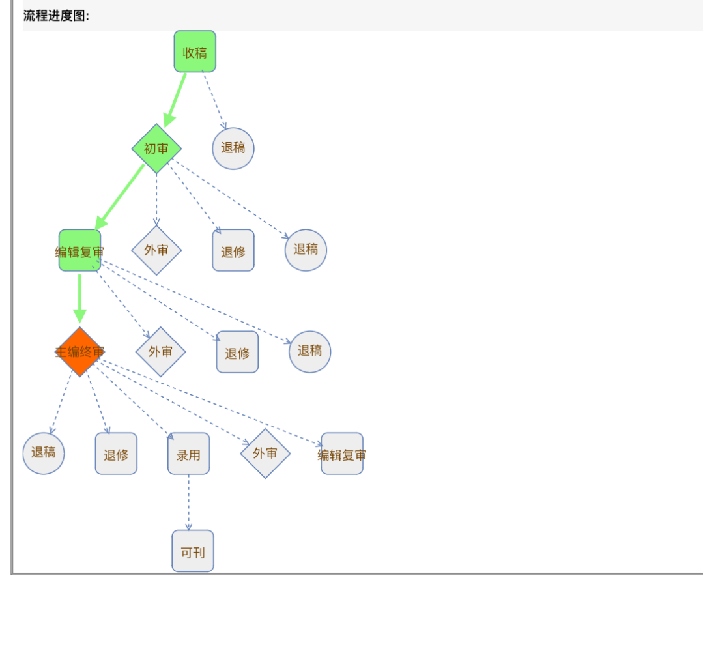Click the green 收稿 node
click(x=195, y=51)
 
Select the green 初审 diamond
click(x=156, y=149)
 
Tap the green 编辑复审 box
click(x=79, y=251)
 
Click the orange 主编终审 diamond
click(x=79, y=352)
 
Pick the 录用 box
click(x=189, y=454)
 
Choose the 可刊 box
click(x=193, y=551)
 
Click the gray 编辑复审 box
click(x=342, y=454)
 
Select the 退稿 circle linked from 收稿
click(x=233, y=149)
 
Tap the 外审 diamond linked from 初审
click(x=156, y=250)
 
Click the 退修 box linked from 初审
click(x=233, y=251)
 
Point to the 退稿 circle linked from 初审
click(x=306, y=250)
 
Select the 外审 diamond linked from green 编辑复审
click(x=160, y=352)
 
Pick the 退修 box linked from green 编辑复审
click(x=237, y=353)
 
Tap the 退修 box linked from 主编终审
click(x=116, y=454)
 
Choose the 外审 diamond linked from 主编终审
click(x=265, y=454)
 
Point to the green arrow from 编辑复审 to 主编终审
click(x=79, y=297)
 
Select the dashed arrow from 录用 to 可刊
click(x=189, y=502)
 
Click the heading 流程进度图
click(x=56, y=16)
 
